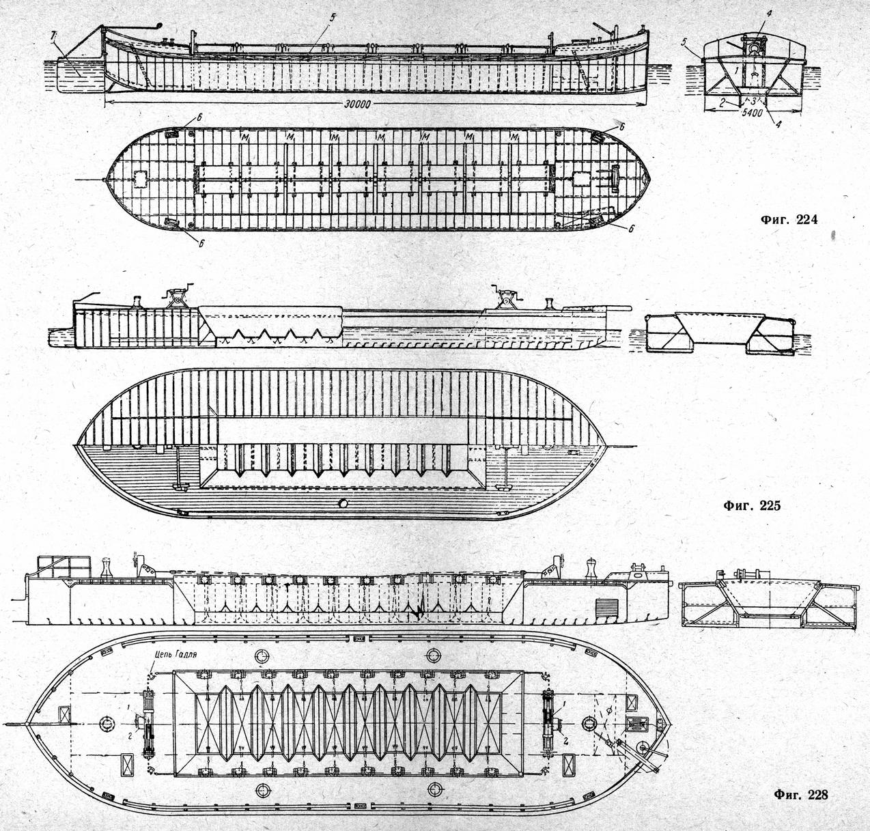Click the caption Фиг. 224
(x=788, y=219)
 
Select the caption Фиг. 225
(x=752, y=505)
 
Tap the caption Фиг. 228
(x=801, y=794)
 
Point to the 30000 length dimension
(x=356, y=104)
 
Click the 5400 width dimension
(x=752, y=113)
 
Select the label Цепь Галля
(x=174, y=654)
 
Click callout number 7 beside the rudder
(x=53, y=34)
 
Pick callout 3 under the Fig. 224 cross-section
(x=753, y=100)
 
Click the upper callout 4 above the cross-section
(x=768, y=14)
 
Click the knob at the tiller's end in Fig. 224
(x=159, y=26)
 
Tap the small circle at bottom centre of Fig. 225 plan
(x=343, y=503)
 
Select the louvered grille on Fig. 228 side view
(x=607, y=608)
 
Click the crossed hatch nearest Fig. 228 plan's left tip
(x=64, y=715)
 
